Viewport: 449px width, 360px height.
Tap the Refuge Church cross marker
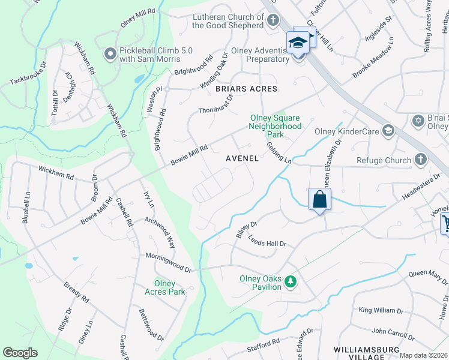click(x=421, y=160)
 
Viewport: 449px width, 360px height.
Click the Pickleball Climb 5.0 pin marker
click(x=110, y=55)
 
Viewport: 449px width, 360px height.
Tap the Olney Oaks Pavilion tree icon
click(x=291, y=281)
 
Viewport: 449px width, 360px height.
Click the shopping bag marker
click(x=319, y=199)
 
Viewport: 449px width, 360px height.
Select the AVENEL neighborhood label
click(x=242, y=159)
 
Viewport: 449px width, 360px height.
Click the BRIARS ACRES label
click(x=247, y=89)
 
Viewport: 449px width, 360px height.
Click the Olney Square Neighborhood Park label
click(x=275, y=127)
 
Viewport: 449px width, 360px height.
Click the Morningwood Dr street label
click(x=168, y=262)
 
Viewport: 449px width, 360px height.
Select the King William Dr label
click(x=381, y=310)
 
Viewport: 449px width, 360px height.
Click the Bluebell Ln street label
click(x=27, y=206)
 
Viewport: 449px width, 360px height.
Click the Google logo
click(x=20, y=353)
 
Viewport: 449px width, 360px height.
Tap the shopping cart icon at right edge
click(x=445, y=224)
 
